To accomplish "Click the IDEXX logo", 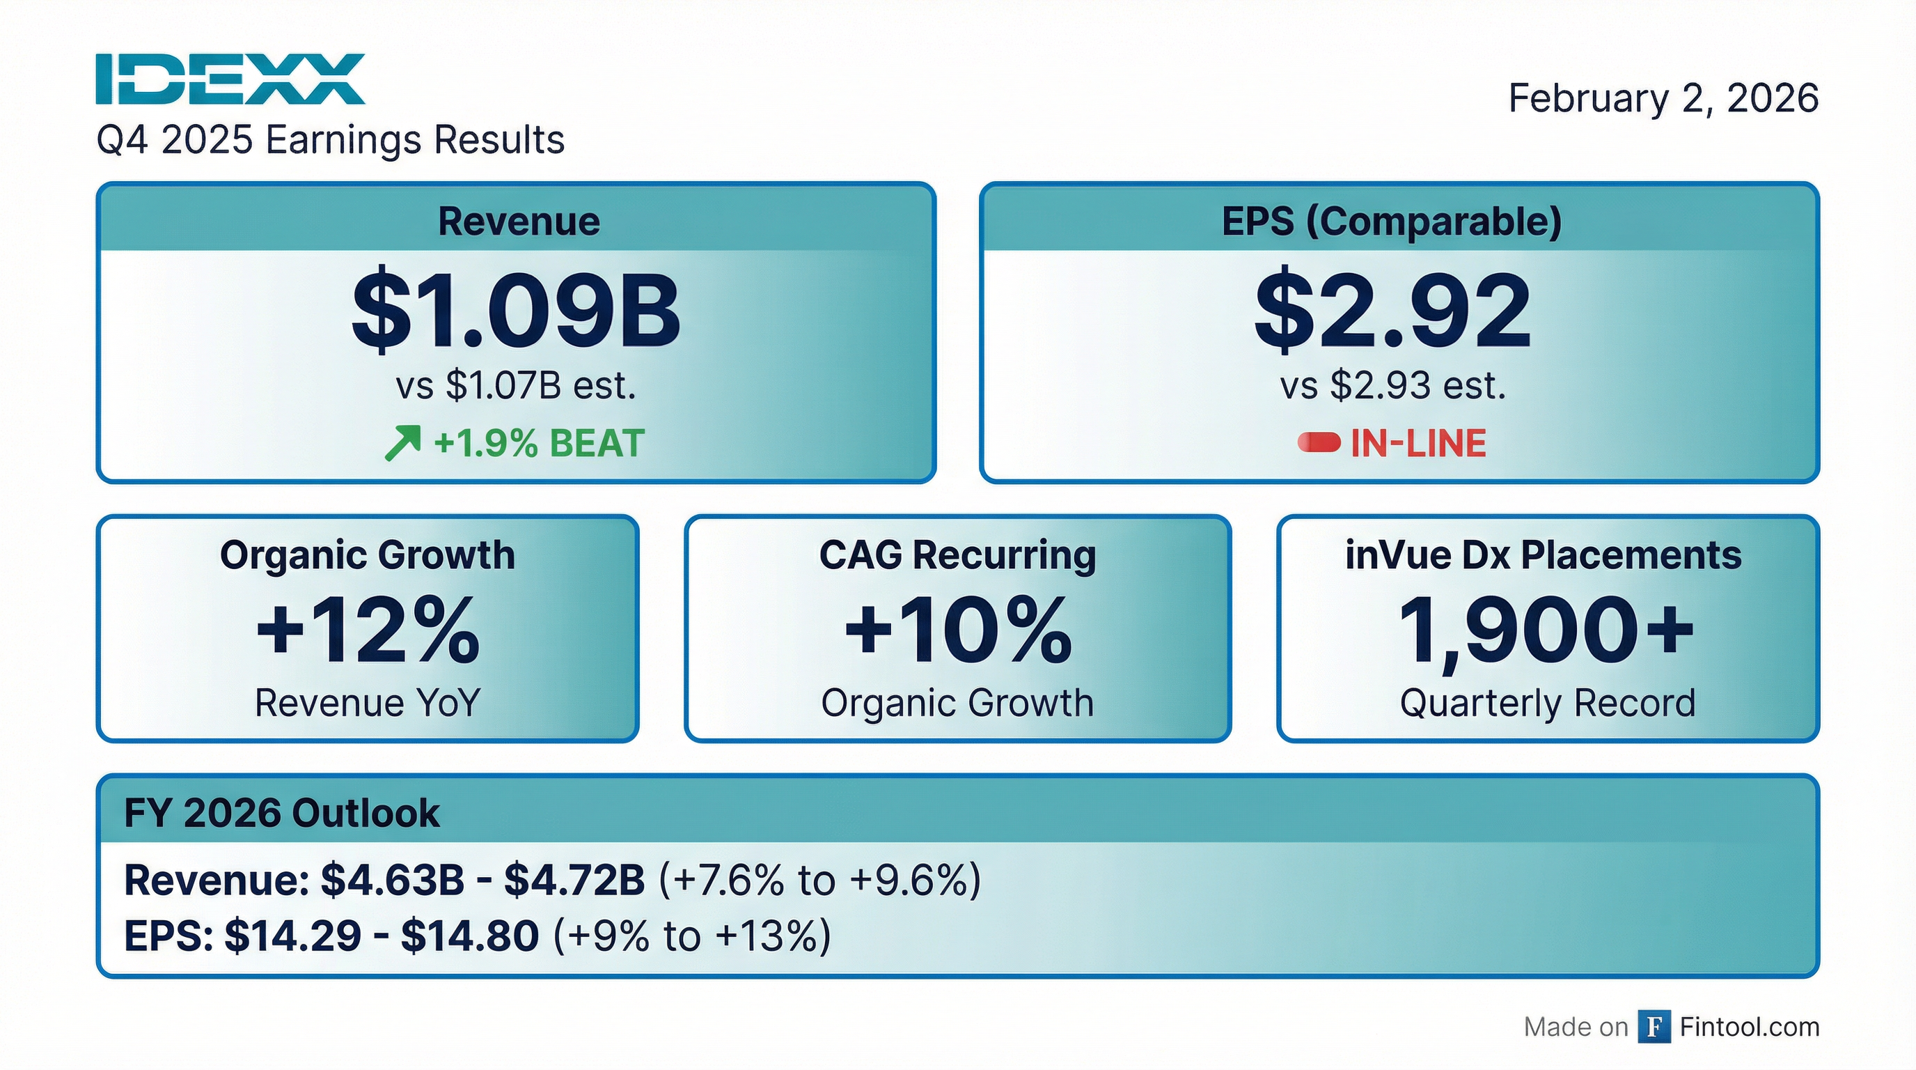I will pos(230,79).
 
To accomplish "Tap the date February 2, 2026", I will pos(1663,98).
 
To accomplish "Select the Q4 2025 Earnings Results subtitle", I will pos(330,140).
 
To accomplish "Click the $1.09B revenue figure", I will pos(515,310).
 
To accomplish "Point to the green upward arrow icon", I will pos(402,444).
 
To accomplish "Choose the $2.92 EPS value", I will pos(1392,310).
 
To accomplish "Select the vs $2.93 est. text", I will pos(1392,385).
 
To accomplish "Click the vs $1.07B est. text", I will pos(515,385).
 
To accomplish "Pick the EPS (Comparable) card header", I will pos(1392,221).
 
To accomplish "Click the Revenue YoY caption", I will pos(368,702).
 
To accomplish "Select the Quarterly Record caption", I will pos(1547,702).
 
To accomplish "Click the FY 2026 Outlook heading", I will pos(281,812).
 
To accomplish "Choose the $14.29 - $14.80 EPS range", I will pos(381,936).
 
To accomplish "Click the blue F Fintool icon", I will pos(1654,1027).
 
